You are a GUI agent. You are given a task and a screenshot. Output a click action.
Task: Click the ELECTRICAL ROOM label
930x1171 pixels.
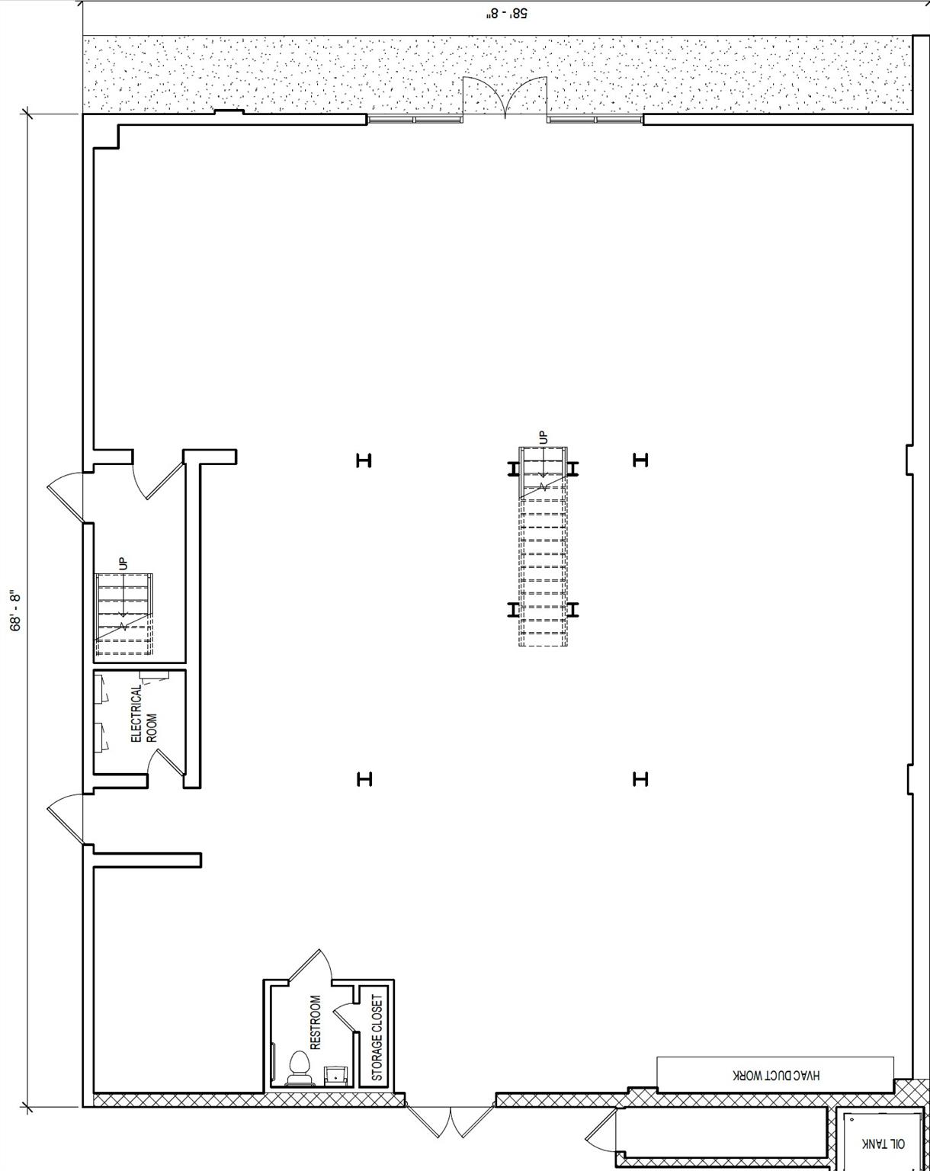tap(144, 714)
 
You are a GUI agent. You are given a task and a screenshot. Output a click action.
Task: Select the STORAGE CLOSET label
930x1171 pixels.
tap(377, 1038)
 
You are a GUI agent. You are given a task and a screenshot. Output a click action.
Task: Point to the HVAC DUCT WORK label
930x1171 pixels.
tap(776, 1075)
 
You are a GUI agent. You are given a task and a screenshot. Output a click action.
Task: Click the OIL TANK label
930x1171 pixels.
tap(883, 1144)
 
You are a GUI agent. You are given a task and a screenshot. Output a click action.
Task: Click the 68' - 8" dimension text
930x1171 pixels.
tap(16, 611)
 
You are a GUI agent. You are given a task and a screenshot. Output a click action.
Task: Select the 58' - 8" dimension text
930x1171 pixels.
tap(506, 14)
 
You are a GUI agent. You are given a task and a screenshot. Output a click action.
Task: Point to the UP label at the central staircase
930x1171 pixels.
tap(543, 437)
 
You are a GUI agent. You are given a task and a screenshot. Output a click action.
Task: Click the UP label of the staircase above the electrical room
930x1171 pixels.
tap(123, 563)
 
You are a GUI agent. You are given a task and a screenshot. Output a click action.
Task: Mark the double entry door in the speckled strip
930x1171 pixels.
tap(505, 97)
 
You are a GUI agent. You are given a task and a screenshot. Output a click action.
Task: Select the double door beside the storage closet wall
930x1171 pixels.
tap(451, 1121)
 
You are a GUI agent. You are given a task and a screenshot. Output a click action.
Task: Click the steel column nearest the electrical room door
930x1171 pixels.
tap(364, 779)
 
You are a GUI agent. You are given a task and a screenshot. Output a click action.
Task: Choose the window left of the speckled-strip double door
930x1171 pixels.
tap(415, 120)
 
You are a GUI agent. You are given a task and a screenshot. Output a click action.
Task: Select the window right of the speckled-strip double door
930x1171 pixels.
tap(595, 120)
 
